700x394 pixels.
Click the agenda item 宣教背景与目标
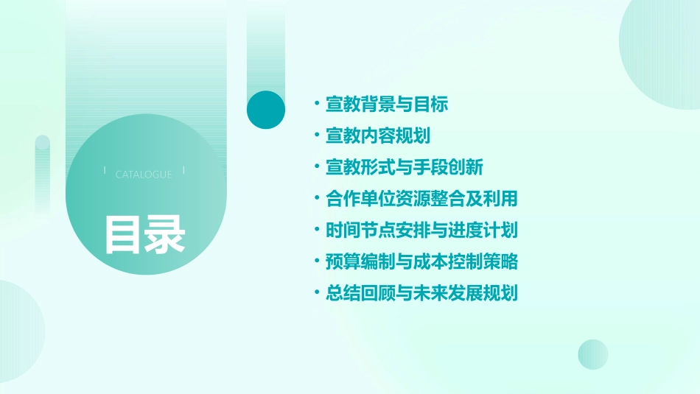point(387,105)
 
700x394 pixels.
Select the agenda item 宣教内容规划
point(378,136)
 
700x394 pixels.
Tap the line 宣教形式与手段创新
point(405,167)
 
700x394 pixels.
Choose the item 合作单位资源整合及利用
point(421,199)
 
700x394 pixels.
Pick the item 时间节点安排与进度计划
point(421,230)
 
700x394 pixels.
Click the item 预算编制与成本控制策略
point(421,261)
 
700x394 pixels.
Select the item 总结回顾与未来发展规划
point(421,293)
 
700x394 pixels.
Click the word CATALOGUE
point(144,175)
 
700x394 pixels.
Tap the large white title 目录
point(144,235)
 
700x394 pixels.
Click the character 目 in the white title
point(123,235)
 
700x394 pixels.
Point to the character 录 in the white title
point(165,235)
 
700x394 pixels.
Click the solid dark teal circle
point(266,110)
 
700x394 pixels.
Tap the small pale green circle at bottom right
point(593,354)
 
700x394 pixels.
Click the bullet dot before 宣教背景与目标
point(316,103)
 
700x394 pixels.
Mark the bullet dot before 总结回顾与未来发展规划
point(316,292)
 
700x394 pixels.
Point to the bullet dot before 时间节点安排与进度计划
point(316,229)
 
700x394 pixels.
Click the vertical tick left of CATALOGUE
point(105,170)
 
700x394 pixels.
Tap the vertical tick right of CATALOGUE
point(183,170)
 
